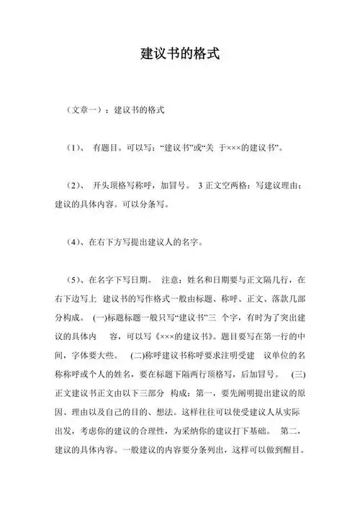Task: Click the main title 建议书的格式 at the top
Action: point(179,54)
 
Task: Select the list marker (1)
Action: point(72,149)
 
